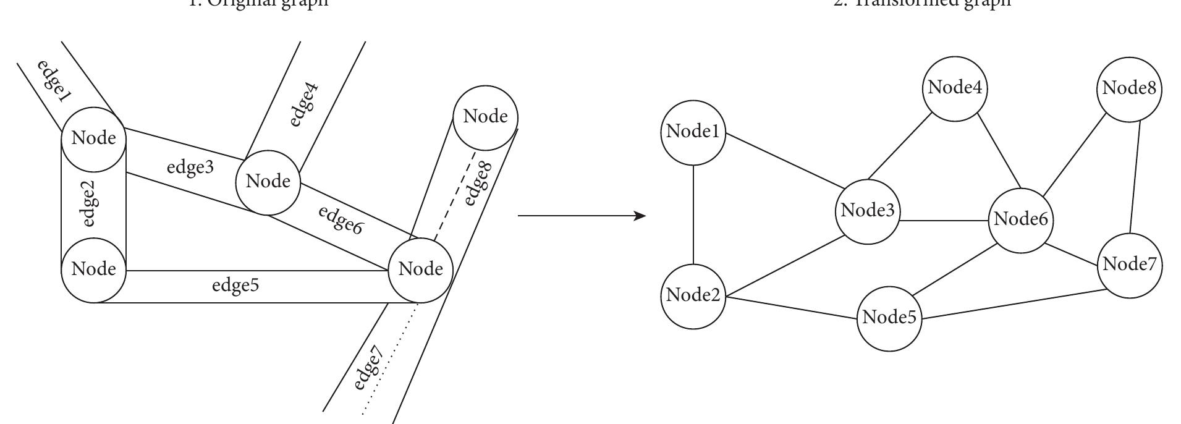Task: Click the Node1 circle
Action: pos(693,132)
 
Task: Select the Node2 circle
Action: pos(693,296)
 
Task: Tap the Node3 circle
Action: pos(868,211)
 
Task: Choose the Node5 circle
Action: pos(889,318)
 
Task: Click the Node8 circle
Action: pos(1130,89)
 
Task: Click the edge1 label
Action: pos(54,81)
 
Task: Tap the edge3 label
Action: pos(190,167)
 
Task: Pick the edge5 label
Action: pos(235,286)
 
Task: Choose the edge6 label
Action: pos(339,220)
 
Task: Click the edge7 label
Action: pos(370,369)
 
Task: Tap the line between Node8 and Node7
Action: pos(1135,177)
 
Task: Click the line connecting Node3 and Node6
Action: pos(944,221)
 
